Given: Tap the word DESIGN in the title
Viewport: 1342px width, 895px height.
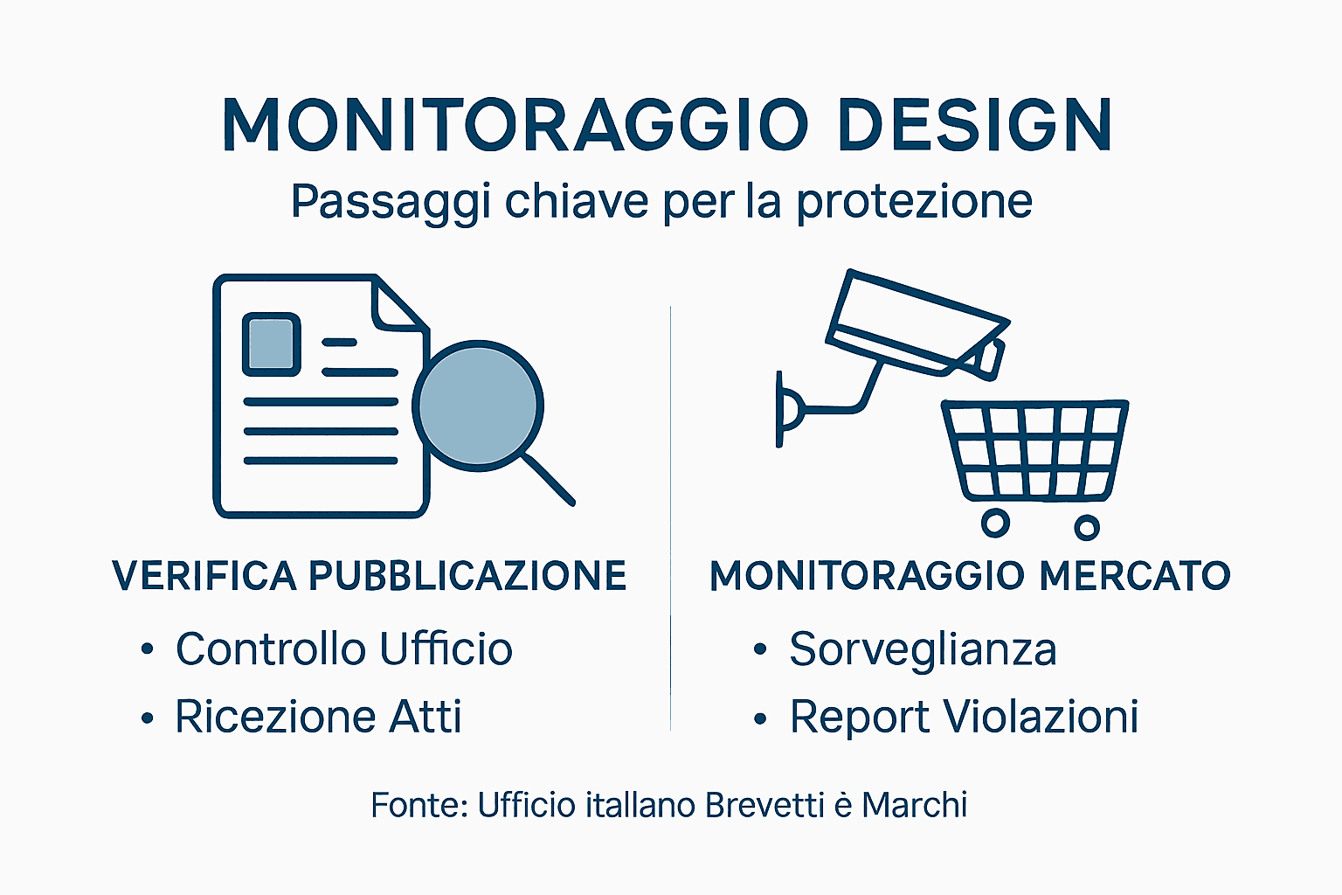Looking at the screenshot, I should pyautogui.click(x=974, y=125).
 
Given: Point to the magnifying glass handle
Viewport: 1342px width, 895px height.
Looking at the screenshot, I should pyautogui.click(x=548, y=479).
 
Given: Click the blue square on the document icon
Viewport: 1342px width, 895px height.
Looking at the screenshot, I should pyautogui.click(x=271, y=343).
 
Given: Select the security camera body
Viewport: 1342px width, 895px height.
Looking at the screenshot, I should pyautogui.click(x=913, y=322).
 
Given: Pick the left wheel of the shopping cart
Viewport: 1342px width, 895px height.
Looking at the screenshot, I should pyautogui.click(x=995, y=523).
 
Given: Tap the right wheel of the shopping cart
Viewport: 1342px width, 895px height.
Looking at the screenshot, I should pyautogui.click(x=1087, y=527).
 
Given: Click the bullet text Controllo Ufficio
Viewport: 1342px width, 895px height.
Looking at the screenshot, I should pyautogui.click(x=343, y=649).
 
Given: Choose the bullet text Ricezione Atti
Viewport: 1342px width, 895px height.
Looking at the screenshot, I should pyautogui.click(x=318, y=717).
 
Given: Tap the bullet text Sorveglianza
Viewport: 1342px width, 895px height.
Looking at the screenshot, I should pyautogui.click(x=923, y=649).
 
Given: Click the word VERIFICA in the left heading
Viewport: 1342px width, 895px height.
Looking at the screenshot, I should pyautogui.click(x=204, y=576).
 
